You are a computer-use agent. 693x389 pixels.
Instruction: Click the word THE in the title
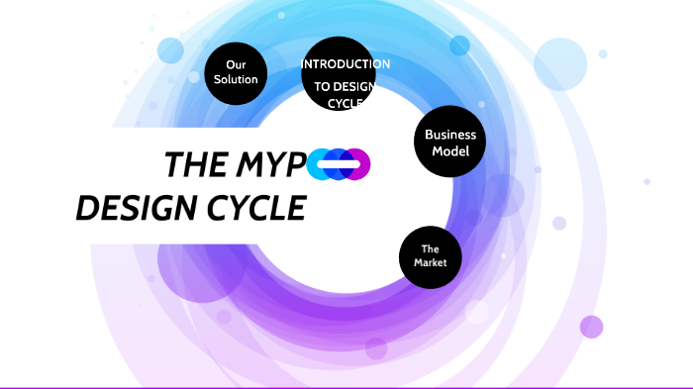193,165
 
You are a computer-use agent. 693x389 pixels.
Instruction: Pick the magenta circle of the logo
357,164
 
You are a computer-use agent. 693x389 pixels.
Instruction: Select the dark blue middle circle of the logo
339,164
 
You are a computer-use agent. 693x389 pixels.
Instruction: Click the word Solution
236,79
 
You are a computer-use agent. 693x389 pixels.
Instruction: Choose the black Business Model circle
449,142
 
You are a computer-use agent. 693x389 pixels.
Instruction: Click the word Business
449,135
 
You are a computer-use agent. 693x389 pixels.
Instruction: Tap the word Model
449,151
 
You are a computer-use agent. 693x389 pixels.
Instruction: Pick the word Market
430,263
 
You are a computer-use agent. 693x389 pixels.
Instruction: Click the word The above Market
430,248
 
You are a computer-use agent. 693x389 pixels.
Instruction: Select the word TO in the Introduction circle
323,86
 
